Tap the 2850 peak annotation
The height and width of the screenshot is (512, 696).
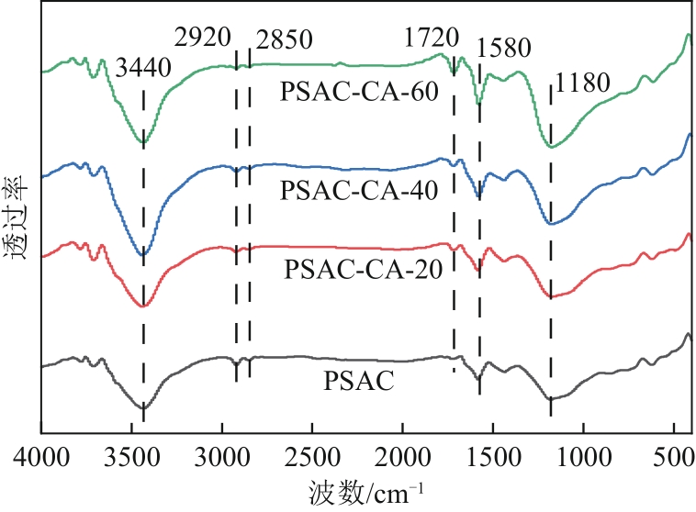(x=286, y=40)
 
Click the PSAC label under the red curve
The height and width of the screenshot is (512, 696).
(x=359, y=380)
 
